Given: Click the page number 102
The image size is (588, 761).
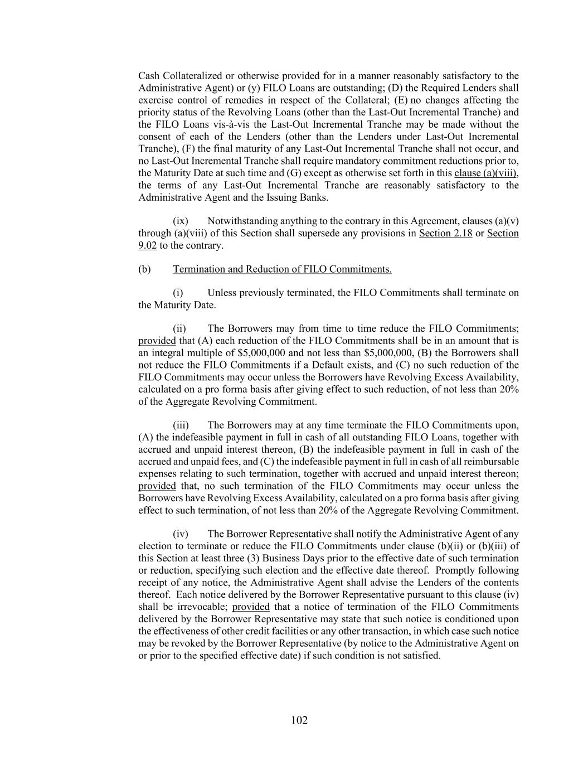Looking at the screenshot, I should click(x=299, y=720).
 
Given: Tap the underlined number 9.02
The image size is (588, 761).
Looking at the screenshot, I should click(x=147, y=245).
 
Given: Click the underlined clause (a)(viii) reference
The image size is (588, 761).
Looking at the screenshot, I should click(x=485, y=173).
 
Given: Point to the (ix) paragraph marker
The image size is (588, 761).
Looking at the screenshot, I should click(x=181, y=221).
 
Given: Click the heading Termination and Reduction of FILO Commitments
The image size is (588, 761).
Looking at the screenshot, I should click(x=282, y=269).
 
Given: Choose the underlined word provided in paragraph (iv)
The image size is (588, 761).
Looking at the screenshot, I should click(x=251, y=607).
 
